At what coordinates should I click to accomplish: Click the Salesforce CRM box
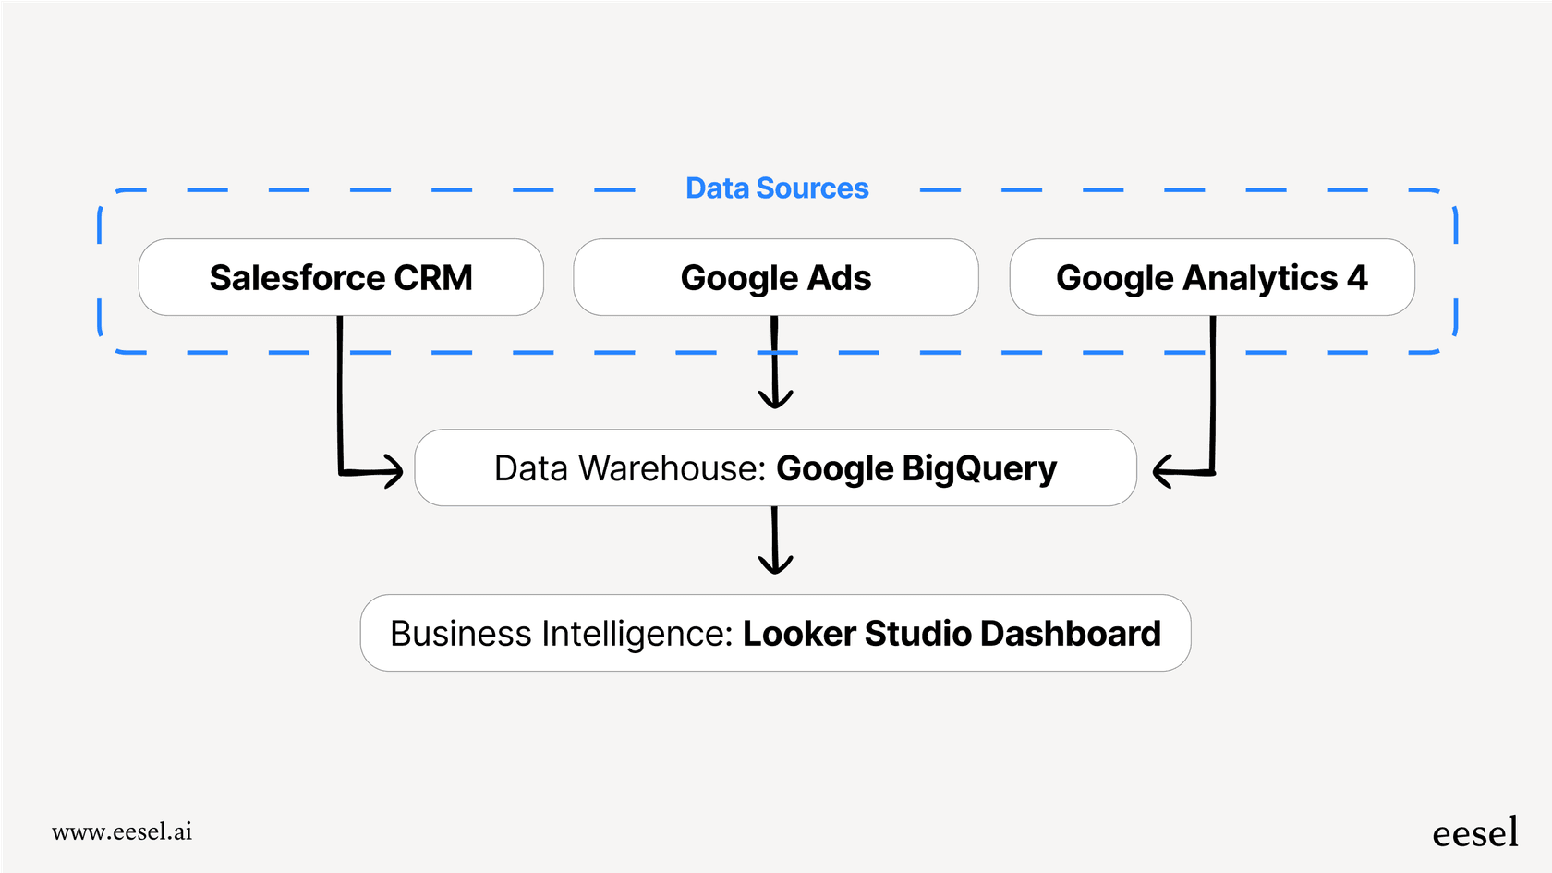coord(341,277)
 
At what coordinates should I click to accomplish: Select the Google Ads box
coord(775,277)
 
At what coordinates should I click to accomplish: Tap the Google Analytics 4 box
coord(1211,277)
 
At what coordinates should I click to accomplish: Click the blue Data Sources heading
coord(777,188)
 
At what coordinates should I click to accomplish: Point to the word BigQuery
coord(979,469)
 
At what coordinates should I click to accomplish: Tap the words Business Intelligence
coord(561,634)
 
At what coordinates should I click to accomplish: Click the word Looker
coord(799,634)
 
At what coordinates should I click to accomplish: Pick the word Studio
coord(918,634)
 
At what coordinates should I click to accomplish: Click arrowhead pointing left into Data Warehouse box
coord(1162,471)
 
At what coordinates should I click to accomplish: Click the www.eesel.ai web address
coord(122,831)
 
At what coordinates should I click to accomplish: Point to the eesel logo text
coord(1474,833)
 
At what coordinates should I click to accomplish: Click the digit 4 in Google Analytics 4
coord(1357,277)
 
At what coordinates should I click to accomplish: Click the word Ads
coord(839,277)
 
